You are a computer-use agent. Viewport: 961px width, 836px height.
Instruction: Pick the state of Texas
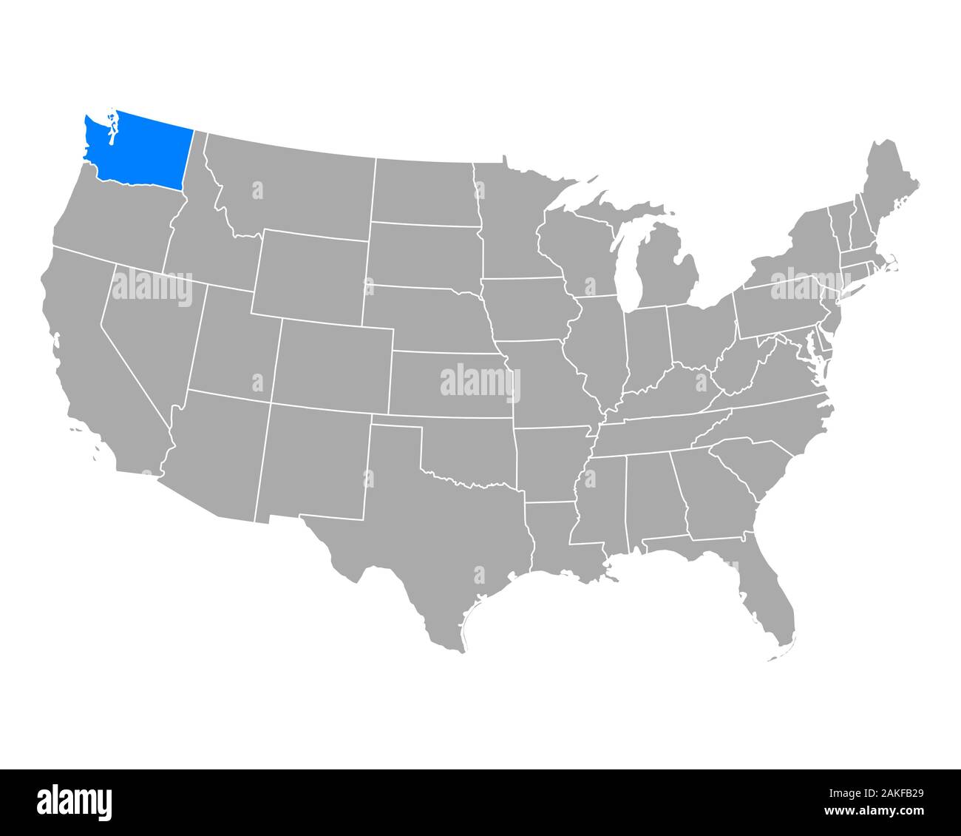click(x=436, y=547)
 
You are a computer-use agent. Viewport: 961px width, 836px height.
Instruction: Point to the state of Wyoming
click(x=310, y=274)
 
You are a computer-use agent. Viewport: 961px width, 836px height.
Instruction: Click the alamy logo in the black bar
click(x=75, y=802)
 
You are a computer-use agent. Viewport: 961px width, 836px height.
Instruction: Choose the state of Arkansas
click(x=551, y=462)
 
